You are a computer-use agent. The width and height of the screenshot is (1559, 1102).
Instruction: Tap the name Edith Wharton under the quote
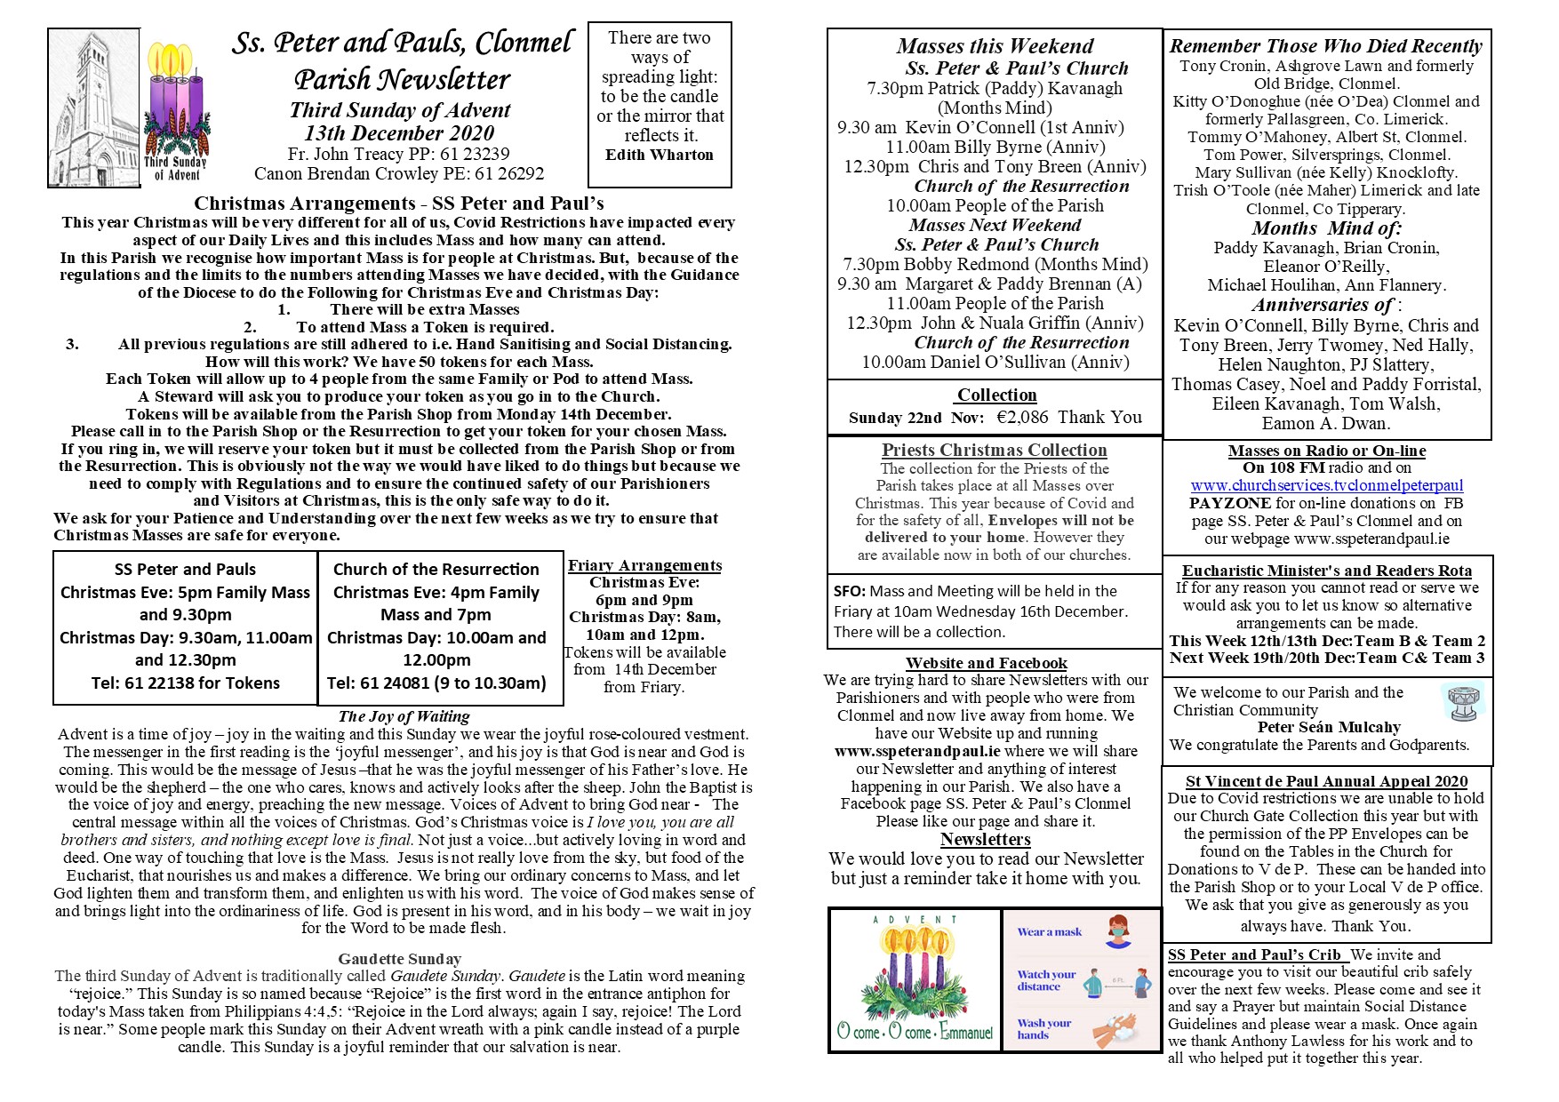coord(660,155)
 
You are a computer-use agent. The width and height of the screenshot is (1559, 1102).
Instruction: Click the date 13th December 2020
coord(399,133)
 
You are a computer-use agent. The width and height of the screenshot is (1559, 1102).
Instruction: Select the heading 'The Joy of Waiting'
coord(404,716)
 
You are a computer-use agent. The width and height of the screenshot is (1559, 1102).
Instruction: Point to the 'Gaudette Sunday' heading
coord(399,959)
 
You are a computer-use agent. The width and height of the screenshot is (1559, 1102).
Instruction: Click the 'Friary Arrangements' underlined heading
coord(644,565)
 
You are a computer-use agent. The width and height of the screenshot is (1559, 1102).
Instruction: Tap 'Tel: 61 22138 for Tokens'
coord(185,683)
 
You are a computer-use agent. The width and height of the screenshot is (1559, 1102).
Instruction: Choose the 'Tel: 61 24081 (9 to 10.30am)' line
coord(436,683)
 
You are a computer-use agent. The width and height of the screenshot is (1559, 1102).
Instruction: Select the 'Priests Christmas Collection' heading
coord(994,450)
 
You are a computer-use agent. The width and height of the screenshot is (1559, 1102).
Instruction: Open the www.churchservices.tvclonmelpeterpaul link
coord(1326,485)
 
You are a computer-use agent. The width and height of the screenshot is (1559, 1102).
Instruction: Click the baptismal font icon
coord(1462,703)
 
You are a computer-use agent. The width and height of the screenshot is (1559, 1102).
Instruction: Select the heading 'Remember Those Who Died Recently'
coord(1325,46)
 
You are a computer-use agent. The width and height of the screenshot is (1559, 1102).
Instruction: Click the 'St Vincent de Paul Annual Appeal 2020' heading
coord(1326,781)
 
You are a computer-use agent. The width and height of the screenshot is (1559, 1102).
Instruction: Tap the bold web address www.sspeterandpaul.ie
coord(917,751)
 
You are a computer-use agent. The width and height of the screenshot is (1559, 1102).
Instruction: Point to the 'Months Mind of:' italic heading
coord(1326,228)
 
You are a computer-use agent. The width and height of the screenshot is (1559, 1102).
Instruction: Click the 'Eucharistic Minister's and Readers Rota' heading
coord(1326,571)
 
